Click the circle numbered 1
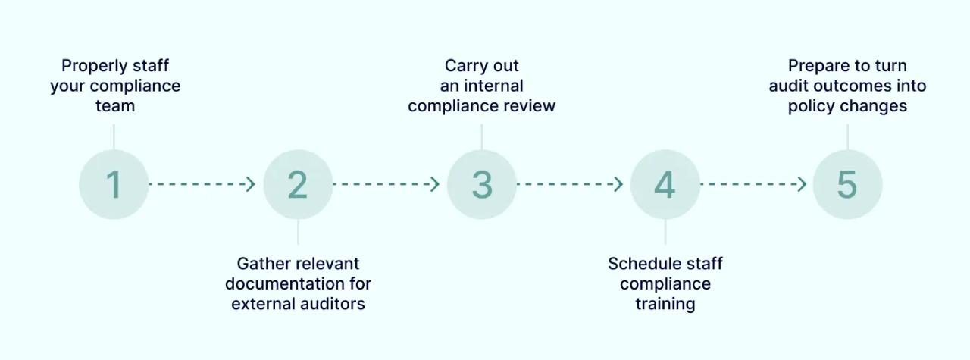114,184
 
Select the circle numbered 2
298,184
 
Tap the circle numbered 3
482,184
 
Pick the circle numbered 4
665,184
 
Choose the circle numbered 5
847,184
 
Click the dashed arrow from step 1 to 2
202,184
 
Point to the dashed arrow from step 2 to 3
386,184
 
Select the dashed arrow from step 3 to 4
570,184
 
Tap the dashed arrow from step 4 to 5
753,184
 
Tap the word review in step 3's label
530,106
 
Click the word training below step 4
665,304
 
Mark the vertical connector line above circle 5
847,136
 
